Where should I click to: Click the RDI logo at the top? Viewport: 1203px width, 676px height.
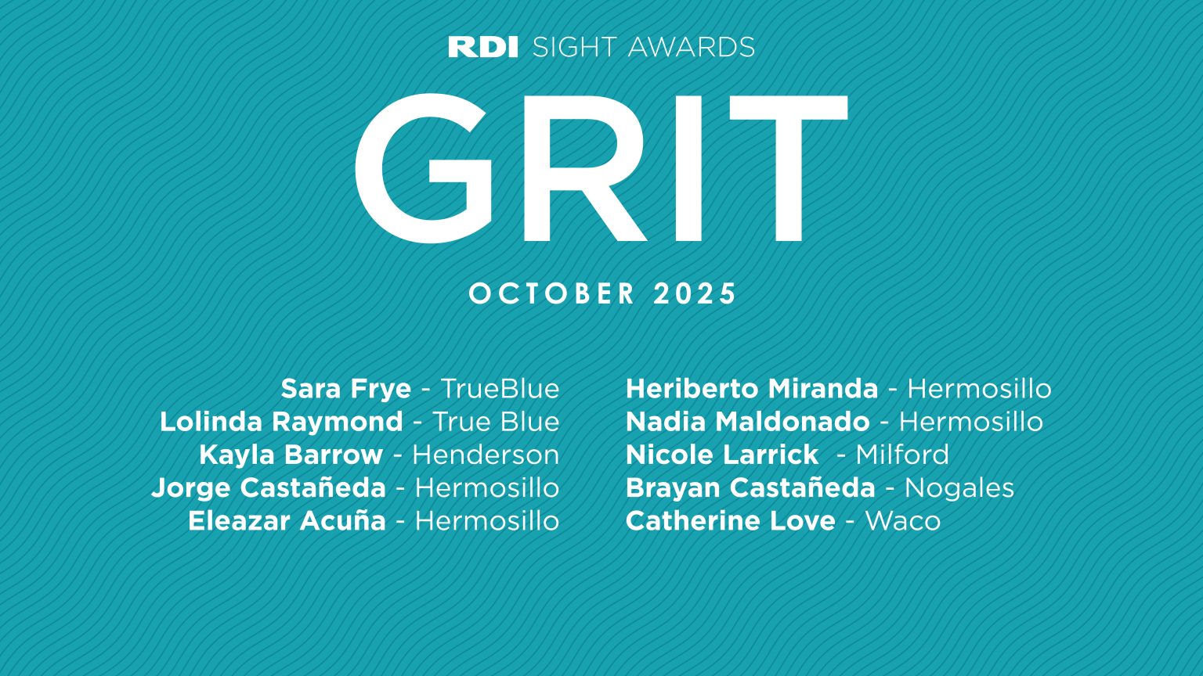482,47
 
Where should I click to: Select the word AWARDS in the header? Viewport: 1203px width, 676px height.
691,47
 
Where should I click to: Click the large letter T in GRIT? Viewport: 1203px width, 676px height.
787,168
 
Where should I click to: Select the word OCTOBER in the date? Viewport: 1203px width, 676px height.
552,294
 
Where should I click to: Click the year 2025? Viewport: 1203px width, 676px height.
695,294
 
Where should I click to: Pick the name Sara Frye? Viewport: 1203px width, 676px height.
345,389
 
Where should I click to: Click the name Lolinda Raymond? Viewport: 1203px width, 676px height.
281,422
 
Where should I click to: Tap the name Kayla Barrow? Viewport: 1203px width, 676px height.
291,455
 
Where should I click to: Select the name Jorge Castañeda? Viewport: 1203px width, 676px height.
269,487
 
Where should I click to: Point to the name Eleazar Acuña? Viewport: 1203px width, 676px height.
287,520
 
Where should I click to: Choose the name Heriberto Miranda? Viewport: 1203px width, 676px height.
752,389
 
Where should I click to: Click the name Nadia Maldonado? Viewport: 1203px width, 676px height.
748,422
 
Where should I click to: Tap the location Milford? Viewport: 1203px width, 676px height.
902,455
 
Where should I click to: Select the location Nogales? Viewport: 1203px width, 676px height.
959,487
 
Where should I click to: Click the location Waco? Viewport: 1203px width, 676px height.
903,520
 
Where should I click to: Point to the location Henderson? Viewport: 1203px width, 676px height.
486,455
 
